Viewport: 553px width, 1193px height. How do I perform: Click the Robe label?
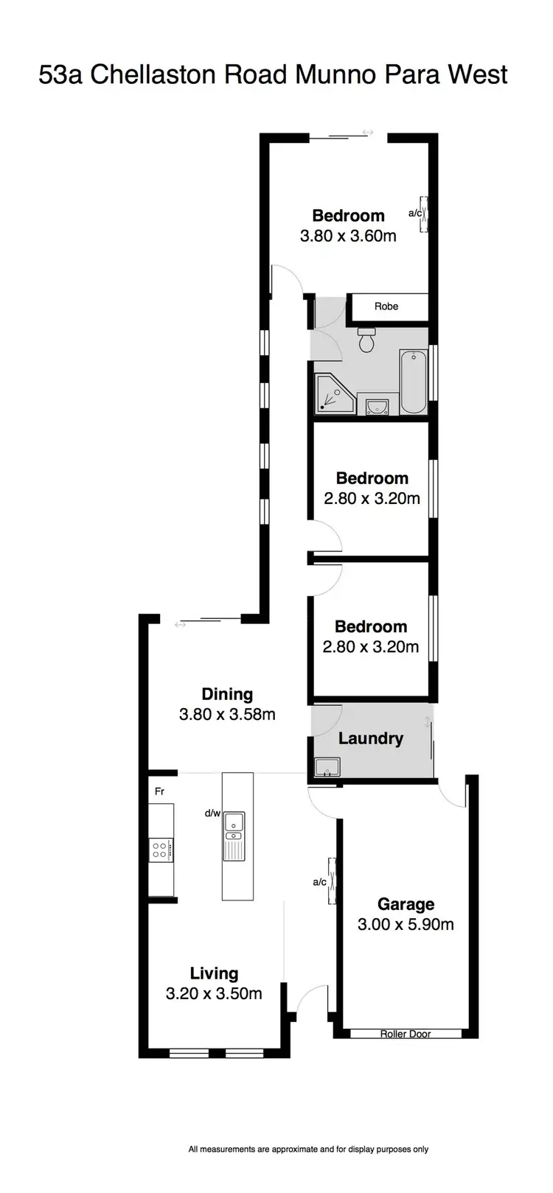click(386, 307)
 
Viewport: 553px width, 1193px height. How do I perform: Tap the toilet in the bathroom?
click(366, 340)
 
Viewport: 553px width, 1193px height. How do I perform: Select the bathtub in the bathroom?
click(412, 382)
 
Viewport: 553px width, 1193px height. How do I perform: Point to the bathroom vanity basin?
click(376, 406)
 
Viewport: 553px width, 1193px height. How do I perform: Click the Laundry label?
click(370, 738)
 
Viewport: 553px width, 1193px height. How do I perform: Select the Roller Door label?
click(405, 1034)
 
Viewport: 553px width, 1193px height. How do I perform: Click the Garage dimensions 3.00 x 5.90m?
click(406, 924)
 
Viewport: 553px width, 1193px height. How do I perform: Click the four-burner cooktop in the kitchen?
click(160, 850)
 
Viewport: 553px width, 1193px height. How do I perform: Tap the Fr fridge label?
click(159, 792)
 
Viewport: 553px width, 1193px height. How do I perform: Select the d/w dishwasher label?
click(212, 814)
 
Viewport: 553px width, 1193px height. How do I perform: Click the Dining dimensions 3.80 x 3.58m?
click(227, 714)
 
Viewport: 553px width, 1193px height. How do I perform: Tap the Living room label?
click(214, 973)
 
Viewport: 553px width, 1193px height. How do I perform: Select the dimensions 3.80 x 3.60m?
click(348, 237)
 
